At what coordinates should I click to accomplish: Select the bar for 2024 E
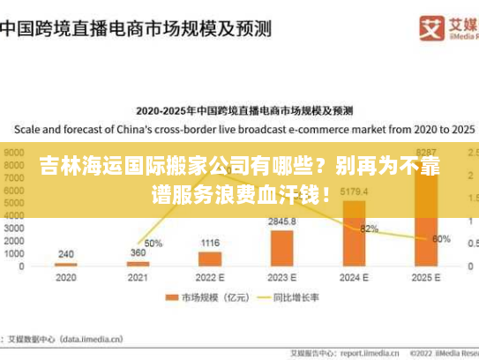click(x=353, y=233)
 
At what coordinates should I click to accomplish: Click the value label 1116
click(x=210, y=243)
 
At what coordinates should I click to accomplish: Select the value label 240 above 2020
click(x=66, y=253)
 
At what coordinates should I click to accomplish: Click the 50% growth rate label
click(x=153, y=243)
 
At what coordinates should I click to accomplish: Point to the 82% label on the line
click(x=369, y=229)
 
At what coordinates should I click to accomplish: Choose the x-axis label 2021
click(x=138, y=276)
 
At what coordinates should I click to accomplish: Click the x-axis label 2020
click(x=66, y=276)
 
